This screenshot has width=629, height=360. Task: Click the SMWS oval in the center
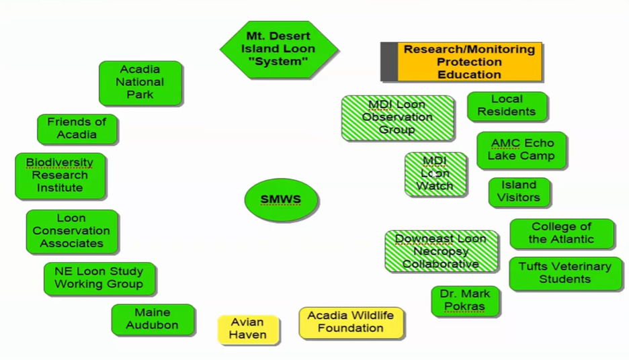pos(282,200)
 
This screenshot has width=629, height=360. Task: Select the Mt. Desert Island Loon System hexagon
pos(279,49)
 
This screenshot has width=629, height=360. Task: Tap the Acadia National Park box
pos(140,83)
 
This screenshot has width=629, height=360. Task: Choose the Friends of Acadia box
pos(77,128)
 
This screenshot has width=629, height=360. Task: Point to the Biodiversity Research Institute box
pos(60,175)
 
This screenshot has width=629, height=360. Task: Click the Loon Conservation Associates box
pos(71,231)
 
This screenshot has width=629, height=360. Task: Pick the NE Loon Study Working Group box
pos(99,278)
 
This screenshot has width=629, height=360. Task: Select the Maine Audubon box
pos(153,319)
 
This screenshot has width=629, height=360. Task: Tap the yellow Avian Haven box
pos(248,328)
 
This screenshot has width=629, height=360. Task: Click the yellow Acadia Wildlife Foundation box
pos(351,322)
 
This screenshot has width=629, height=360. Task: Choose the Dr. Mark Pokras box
pos(465,301)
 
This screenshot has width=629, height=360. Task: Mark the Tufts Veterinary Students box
pos(564,273)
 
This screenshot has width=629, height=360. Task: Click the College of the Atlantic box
pos(561,233)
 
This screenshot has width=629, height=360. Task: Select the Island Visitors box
pos(519,191)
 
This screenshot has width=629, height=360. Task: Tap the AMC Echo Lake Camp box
pos(521,150)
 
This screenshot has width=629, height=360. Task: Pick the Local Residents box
pos(507,105)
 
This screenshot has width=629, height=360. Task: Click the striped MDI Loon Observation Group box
pos(397,118)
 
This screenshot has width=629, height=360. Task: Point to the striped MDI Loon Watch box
pos(435,173)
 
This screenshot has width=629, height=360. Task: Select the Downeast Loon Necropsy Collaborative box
pos(441,251)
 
